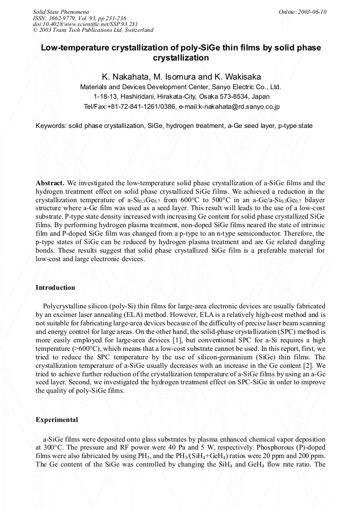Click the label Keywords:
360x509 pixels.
(50, 126)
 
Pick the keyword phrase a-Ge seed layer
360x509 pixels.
(251, 126)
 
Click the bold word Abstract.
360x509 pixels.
(50, 183)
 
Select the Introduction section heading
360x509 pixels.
(55, 288)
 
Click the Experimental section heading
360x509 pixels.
(57, 420)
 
